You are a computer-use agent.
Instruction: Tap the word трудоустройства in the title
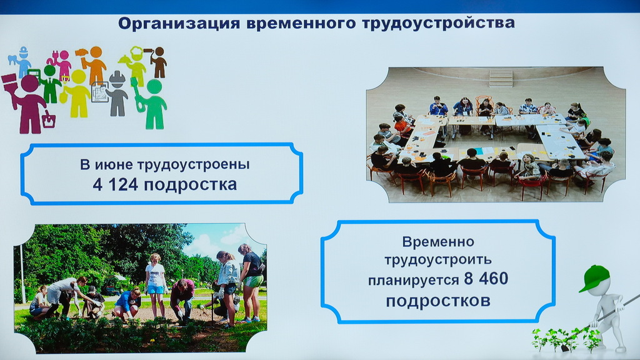click(x=438, y=24)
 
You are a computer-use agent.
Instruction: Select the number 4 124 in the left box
click(x=116, y=184)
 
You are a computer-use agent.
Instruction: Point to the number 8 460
click(x=486, y=279)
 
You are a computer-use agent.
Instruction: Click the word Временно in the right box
click(x=438, y=242)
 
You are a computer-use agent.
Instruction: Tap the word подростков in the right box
click(x=438, y=301)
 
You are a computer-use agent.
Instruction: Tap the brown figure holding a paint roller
click(x=157, y=62)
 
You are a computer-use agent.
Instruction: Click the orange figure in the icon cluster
click(x=94, y=64)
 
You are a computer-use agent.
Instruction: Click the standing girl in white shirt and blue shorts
click(x=156, y=284)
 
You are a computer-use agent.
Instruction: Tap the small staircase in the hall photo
click(x=501, y=78)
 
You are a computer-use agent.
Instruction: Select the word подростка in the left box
click(x=190, y=184)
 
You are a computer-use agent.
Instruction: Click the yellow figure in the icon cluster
click(x=77, y=94)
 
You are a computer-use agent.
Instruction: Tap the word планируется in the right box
click(x=414, y=281)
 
